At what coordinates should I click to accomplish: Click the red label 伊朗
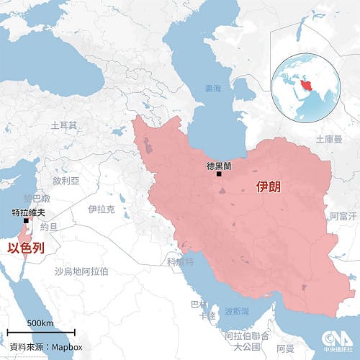pos(269,189)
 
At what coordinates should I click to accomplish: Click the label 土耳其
pos(64,125)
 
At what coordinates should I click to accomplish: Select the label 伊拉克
pos(100,210)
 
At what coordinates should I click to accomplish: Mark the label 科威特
pos(179,261)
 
